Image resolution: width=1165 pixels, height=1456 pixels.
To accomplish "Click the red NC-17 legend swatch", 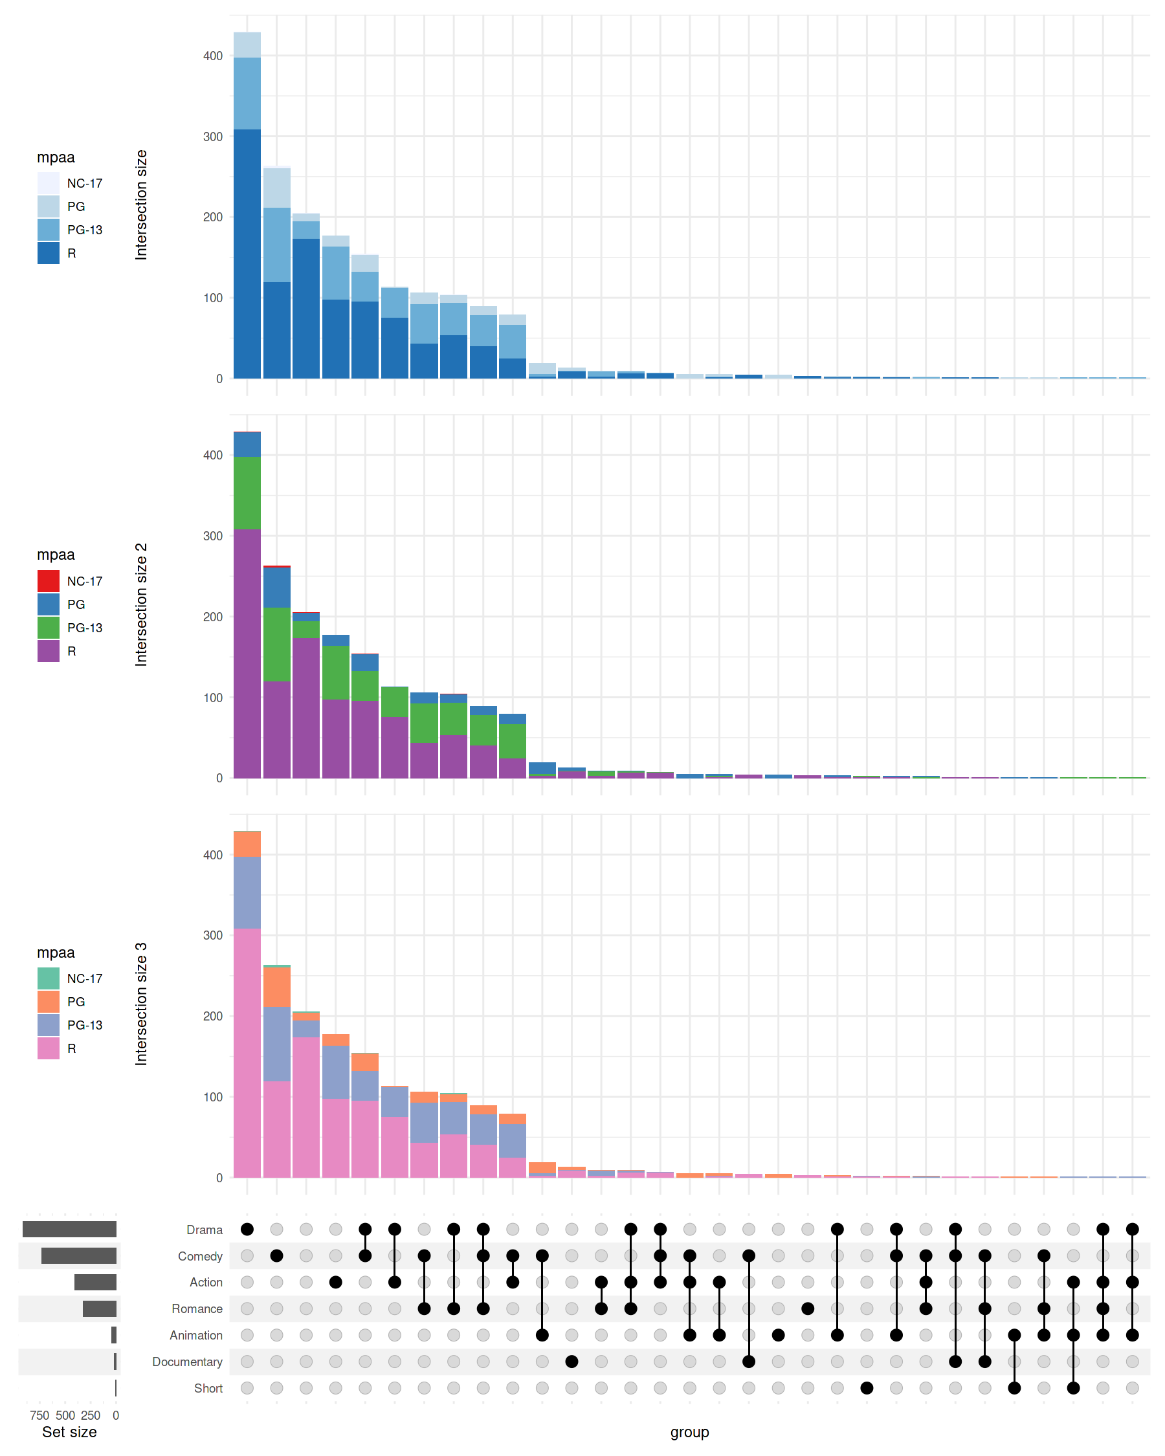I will pyautogui.click(x=48, y=580).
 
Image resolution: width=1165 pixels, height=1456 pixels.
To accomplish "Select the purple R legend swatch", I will pyautogui.click(x=48, y=651).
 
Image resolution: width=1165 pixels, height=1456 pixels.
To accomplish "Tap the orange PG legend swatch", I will pyautogui.click(x=48, y=1002).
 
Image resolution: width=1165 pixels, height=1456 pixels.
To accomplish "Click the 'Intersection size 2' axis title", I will pyautogui.click(x=140, y=604).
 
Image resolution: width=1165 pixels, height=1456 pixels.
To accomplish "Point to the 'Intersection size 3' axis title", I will pyautogui.click(x=140, y=1004).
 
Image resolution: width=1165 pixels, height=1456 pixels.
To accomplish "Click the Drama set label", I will pyautogui.click(x=204, y=1230).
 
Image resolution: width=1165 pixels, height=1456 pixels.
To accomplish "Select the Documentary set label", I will pyautogui.click(x=187, y=1362).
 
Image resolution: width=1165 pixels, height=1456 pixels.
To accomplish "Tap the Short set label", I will pyautogui.click(x=208, y=1388).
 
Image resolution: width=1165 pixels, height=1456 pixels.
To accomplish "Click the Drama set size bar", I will pyautogui.click(x=69, y=1229).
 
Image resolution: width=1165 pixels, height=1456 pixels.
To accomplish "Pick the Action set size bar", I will pyautogui.click(x=95, y=1282).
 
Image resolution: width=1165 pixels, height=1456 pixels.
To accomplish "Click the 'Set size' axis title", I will pyautogui.click(x=69, y=1431).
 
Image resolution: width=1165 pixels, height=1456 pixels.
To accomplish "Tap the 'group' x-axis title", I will pyautogui.click(x=689, y=1431).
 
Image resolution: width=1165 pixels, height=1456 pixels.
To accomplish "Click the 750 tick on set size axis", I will pyautogui.click(x=39, y=1415).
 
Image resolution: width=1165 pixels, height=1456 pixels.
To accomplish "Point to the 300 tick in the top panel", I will pyautogui.click(x=213, y=137).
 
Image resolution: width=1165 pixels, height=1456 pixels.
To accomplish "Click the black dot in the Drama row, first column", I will pyautogui.click(x=247, y=1229).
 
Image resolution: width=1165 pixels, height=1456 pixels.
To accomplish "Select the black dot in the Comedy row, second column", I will pyautogui.click(x=276, y=1255).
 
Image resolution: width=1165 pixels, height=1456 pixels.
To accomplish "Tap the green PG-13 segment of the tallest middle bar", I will pyautogui.click(x=247, y=493).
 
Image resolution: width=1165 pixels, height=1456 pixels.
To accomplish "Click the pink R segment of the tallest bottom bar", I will pyautogui.click(x=247, y=1053).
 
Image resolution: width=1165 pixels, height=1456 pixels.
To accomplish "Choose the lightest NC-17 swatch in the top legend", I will pyautogui.click(x=48, y=183).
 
